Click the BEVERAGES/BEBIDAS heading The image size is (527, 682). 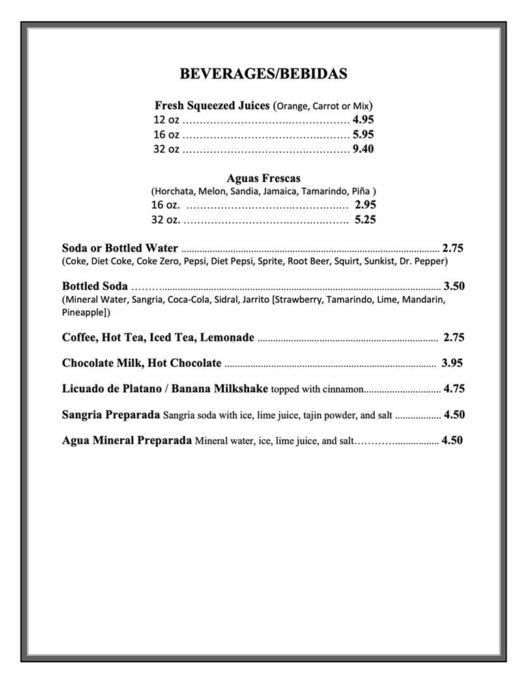pyautogui.click(x=263, y=74)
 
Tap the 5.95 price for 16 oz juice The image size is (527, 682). pyautogui.click(x=363, y=134)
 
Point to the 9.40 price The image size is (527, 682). pyautogui.click(x=363, y=149)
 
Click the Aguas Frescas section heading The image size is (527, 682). pyautogui.click(x=263, y=178)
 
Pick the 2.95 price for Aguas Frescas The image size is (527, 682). pyautogui.click(x=365, y=205)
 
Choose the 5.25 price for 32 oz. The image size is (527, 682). pyautogui.click(x=365, y=220)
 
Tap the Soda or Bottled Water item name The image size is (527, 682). pyautogui.click(x=119, y=248)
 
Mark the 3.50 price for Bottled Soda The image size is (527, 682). pyautogui.click(x=454, y=286)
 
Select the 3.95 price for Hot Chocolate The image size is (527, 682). pyautogui.click(x=452, y=363)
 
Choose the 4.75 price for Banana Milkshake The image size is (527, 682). pyautogui.click(x=454, y=389)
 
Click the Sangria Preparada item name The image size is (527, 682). pyautogui.click(x=111, y=415)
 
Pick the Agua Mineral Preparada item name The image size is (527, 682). pyautogui.click(x=126, y=441)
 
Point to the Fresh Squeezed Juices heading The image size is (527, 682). pyautogui.click(x=212, y=106)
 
